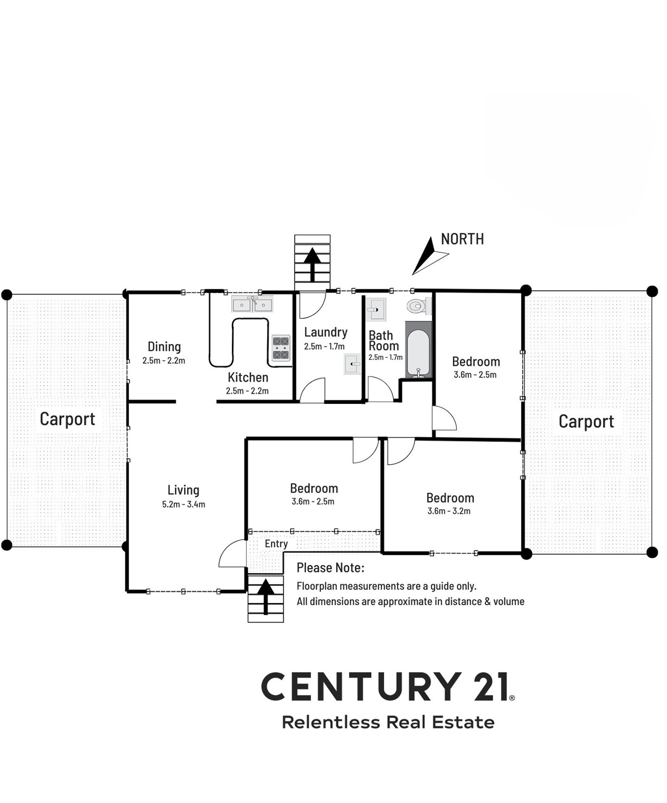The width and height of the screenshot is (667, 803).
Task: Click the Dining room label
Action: (x=164, y=346)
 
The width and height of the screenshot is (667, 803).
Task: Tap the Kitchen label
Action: (x=248, y=377)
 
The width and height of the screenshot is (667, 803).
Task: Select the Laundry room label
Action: (x=326, y=332)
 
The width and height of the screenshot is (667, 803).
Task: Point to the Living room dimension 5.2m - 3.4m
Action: (x=183, y=504)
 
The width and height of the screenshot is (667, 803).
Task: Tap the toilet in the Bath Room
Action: (x=419, y=306)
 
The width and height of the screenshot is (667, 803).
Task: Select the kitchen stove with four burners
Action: (x=281, y=348)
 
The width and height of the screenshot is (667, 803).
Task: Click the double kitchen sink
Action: (x=252, y=304)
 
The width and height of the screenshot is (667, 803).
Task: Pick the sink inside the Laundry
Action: (x=352, y=364)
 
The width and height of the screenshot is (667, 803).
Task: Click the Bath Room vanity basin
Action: (x=376, y=310)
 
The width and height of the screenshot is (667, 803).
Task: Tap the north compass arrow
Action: (x=429, y=256)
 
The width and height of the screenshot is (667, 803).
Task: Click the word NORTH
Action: (x=462, y=239)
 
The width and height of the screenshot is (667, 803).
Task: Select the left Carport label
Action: (x=67, y=419)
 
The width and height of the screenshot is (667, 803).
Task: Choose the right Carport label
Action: (x=586, y=421)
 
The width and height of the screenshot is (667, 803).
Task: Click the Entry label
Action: (x=276, y=544)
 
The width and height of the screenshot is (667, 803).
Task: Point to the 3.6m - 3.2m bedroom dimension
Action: (x=449, y=511)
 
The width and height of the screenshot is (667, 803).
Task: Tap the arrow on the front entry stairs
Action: (x=266, y=597)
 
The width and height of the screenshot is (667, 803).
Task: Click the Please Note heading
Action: (x=330, y=567)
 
